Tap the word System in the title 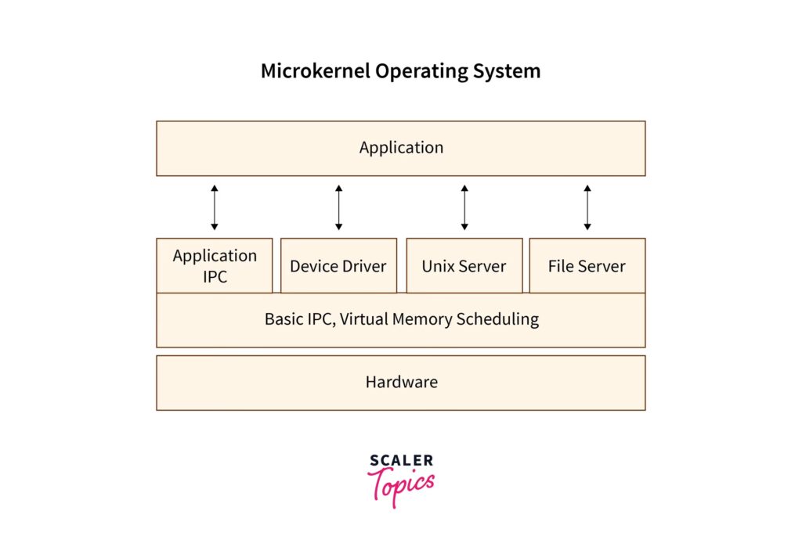(x=506, y=71)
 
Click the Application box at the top (x=401, y=148)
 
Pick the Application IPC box (x=215, y=266)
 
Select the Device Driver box (x=338, y=266)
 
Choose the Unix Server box (x=464, y=266)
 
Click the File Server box (x=587, y=266)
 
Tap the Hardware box (x=401, y=383)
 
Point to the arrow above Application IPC (x=215, y=207)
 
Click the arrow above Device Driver (x=338, y=207)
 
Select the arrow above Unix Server (x=464, y=207)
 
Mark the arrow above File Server (x=587, y=207)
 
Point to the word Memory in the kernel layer (x=428, y=319)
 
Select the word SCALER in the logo (x=401, y=461)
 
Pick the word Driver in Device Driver (x=363, y=266)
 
